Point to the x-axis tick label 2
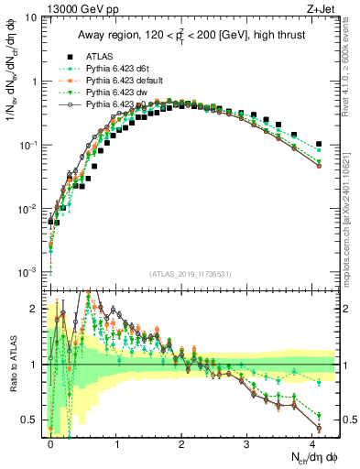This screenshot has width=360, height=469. (182, 442)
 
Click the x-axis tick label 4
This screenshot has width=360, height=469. (314, 442)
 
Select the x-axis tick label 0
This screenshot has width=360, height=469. (50, 442)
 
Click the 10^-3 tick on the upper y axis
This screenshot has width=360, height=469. (27, 272)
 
